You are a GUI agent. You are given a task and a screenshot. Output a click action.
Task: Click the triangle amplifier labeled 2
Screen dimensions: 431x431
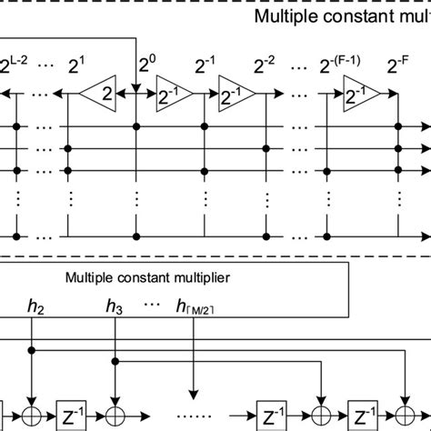[102, 92]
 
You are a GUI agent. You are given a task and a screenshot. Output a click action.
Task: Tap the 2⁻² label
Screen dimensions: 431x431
[265, 66]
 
